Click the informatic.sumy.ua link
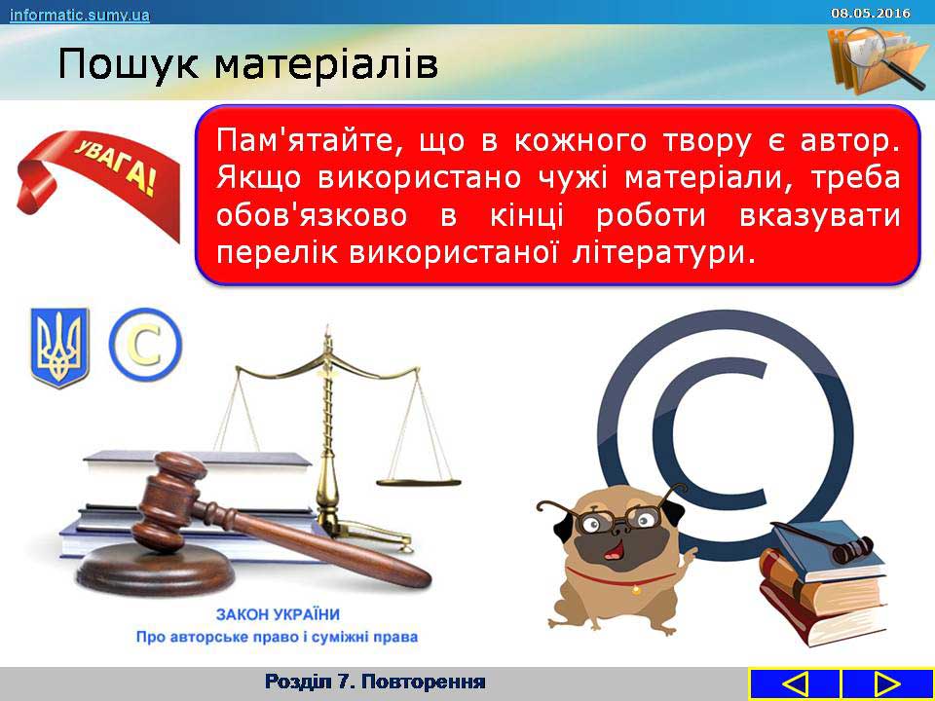[79, 15]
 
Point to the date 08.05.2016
[871, 13]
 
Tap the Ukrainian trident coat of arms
[59, 348]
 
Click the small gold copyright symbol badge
[145, 345]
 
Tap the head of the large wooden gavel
[168, 499]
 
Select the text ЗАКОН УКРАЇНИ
[278, 614]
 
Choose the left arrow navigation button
[795, 683]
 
